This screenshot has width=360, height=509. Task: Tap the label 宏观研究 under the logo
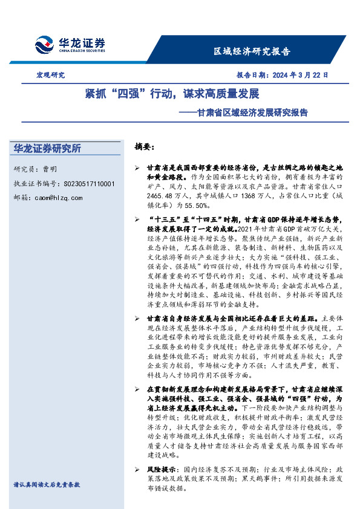pos(51,76)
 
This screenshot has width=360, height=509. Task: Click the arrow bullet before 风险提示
pos(137,469)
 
